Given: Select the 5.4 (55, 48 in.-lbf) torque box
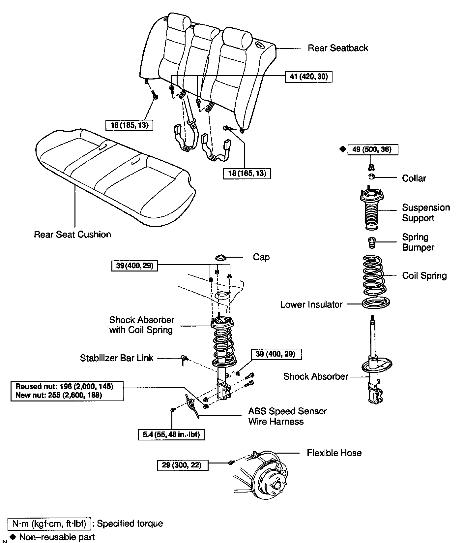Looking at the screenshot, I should pyautogui.click(x=171, y=434).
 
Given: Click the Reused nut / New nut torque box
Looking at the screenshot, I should pyautogui.click(x=67, y=391).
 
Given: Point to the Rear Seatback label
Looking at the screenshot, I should pyautogui.click(x=338, y=48).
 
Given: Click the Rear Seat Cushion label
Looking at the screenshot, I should pyautogui.click(x=72, y=235).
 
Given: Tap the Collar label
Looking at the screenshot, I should pyautogui.click(x=414, y=178).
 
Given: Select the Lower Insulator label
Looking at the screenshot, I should pyautogui.click(x=311, y=304).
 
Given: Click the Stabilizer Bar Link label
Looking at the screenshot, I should pyautogui.click(x=117, y=358).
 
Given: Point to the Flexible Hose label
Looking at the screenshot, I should pyautogui.click(x=334, y=453).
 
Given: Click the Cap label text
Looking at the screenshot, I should pyautogui.click(x=261, y=257).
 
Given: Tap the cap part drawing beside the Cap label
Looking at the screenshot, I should pyautogui.click(x=220, y=257).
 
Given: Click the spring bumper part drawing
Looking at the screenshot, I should pyautogui.click(x=372, y=243).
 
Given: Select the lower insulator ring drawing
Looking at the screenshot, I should pyautogui.click(x=376, y=303).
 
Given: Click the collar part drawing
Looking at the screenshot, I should pyautogui.click(x=371, y=176).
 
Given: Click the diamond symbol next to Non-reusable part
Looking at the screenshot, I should pyautogui.click(x=14, y=537).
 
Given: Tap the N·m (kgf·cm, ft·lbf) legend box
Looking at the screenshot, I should pyautogui.click(x=49, y=524).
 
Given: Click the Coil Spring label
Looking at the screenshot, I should pyautogui.click(x=424, y=275).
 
